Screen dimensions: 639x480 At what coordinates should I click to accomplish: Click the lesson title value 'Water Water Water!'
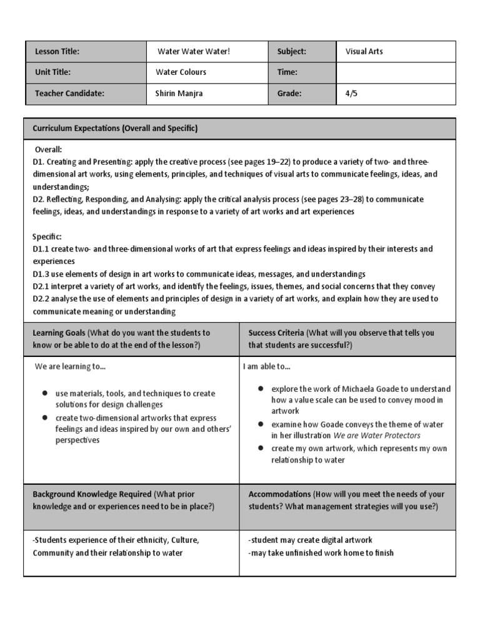pyautogui.click(x=193, y=51)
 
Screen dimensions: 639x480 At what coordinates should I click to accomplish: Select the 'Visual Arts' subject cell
pyautogui.click(x=364, y=51)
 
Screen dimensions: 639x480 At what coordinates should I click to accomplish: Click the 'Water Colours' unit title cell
pyautogui.click(x=181, y=72)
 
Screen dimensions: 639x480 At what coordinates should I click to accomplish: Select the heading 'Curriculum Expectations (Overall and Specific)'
pyautogui.click(x=115, y=129)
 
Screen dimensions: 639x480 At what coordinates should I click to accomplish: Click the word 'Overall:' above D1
pyautogui.click(x=48, y=150)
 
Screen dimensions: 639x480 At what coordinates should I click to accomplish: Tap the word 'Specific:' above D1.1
pyautogui.click(x=47, y=237)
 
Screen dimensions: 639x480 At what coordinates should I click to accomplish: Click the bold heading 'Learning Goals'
pyautogui.click(x=59, y=333)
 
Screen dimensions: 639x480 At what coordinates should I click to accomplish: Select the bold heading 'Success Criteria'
pyautogui.click(x=276, y=333)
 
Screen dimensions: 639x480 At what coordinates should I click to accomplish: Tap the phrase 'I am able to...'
pyautogui.click(x=267, y=367)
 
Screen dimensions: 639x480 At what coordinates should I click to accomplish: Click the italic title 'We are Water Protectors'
pyautogui.click(x=377, y=436)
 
